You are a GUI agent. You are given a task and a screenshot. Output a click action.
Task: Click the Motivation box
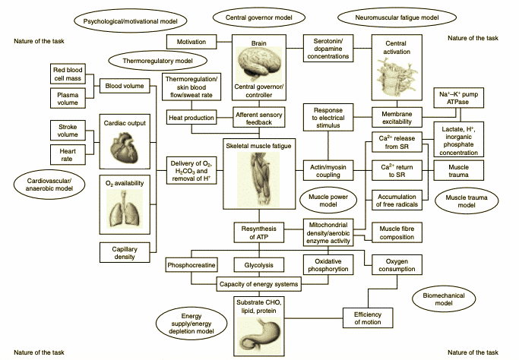(191, 41)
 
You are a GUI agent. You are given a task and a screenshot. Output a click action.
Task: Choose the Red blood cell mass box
(68, 74)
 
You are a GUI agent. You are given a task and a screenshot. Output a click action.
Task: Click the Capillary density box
(124, 251)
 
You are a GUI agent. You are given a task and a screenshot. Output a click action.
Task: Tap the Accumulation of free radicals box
(396, 201)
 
